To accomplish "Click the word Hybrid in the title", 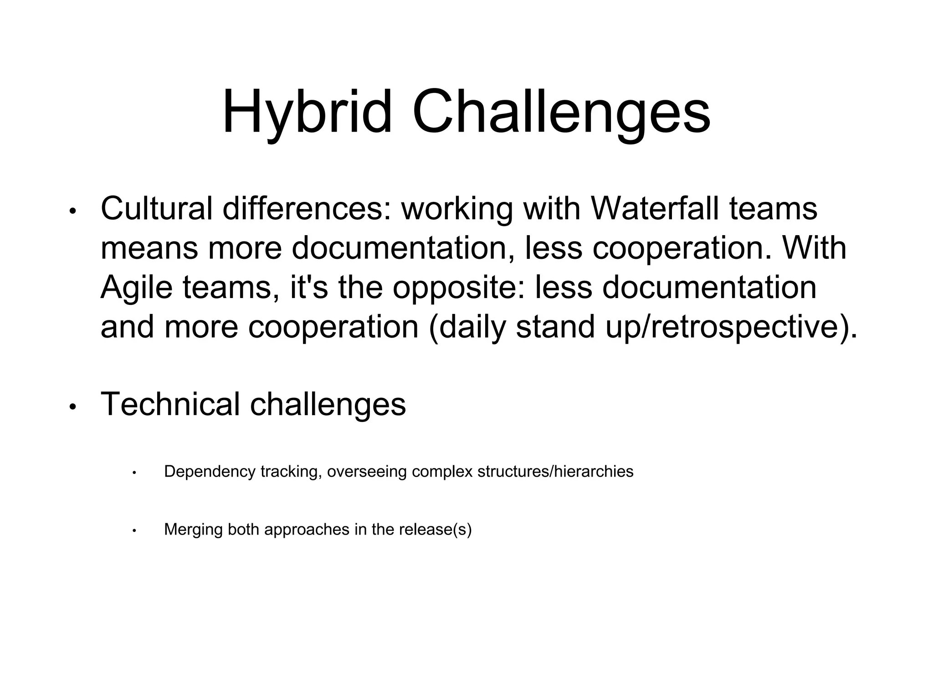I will pos(307,112).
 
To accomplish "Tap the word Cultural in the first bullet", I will pos(156,208).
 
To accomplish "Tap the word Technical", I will pos(170,404).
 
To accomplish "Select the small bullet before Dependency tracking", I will pos(134,473).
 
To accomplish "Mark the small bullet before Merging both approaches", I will pos(134,531).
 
